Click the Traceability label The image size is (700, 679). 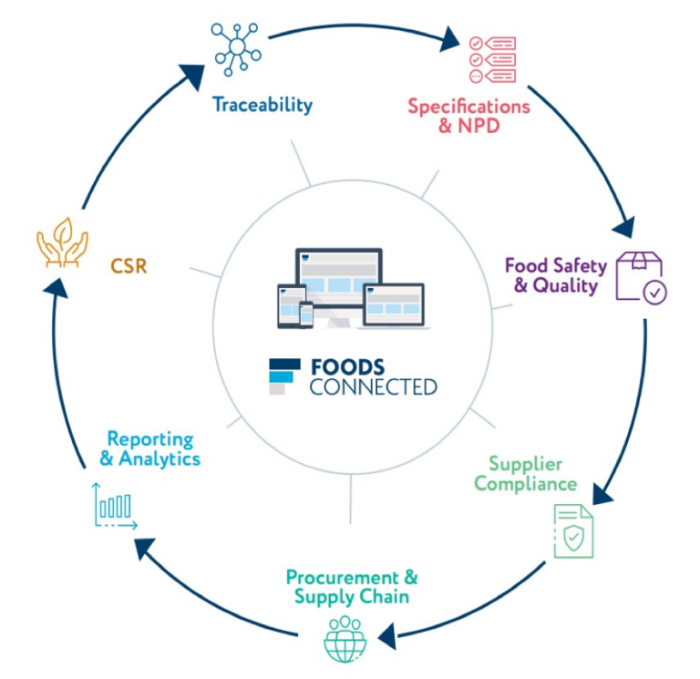(262, 105)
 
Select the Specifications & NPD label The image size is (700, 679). (468, 116)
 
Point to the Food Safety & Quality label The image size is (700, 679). (555, 275)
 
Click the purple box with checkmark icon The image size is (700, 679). (641, 277)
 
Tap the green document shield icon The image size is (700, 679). (573, 531)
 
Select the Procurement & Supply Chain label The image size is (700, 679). (352, 587)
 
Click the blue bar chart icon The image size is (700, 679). (114, 507)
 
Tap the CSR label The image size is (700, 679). (129, 269)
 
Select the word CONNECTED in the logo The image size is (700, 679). (373, 387)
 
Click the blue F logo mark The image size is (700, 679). (283, 376)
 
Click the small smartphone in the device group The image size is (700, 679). (306, 314)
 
